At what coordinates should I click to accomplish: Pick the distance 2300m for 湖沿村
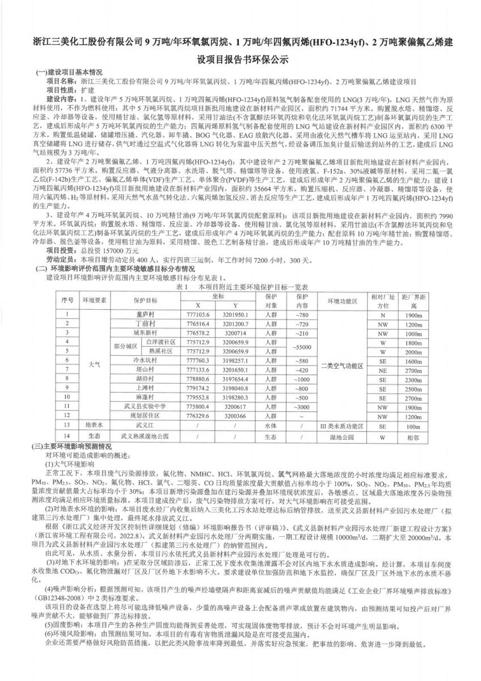click(406, 379)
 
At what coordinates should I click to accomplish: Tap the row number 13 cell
click(68, 424)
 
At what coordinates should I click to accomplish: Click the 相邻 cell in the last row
click(406, 438)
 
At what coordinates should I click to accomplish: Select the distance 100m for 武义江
click(406, 424)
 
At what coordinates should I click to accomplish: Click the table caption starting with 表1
click(242, 288)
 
